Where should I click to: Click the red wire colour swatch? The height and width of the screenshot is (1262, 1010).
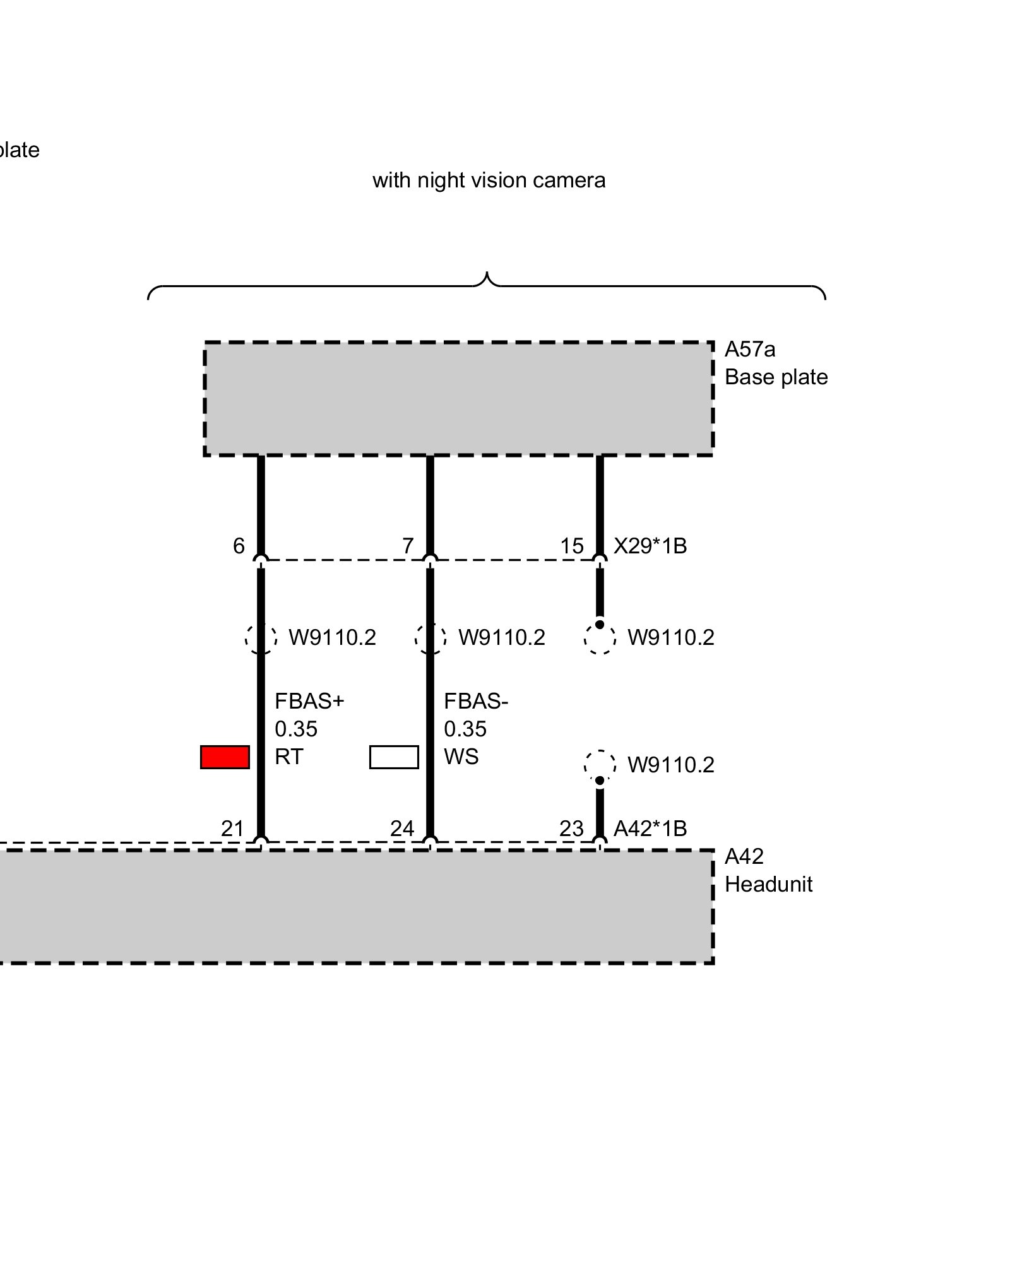pos(225,757)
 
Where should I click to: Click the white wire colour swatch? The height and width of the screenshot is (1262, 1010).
pos(394,757)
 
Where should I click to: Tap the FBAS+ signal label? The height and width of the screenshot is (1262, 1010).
pos(309,701)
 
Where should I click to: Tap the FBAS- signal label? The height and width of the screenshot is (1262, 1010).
pos(476,701)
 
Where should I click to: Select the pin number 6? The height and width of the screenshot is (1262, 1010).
pos(239,546)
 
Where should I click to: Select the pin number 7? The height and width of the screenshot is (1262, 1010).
pos(408,546)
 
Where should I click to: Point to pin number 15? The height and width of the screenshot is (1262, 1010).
pos(572,546)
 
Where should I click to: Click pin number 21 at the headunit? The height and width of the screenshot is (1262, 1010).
pos(232,829)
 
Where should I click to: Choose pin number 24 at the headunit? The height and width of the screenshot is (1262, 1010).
pos(402,829)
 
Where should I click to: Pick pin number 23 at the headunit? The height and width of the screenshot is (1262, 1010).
pos(571,829)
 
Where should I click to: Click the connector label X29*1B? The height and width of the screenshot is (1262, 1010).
pos(650,546)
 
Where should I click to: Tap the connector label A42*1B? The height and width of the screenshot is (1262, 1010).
pos(650,829)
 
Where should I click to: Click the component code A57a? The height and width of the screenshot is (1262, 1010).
pos(750,349)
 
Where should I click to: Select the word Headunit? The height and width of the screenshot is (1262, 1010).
pos(768,885)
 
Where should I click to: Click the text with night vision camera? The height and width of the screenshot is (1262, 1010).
pos(489,180)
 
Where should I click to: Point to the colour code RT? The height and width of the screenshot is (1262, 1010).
pos(288,757)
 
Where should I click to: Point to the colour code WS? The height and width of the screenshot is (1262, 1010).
pos(461,757)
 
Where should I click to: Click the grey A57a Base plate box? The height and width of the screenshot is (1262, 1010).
pos(458,399)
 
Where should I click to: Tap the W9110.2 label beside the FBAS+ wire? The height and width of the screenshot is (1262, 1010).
pos(332,638)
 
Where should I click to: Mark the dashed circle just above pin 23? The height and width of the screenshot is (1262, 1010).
pos(600,765)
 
